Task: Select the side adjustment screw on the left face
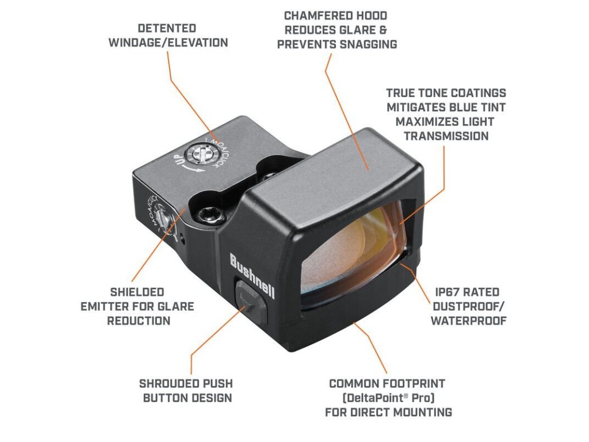(165, 219)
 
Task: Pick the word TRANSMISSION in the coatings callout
(446, 136)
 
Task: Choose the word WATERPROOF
(468, 321)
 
